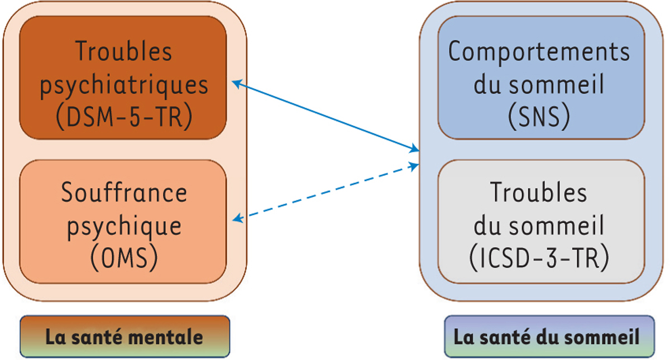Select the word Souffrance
click(124, 194)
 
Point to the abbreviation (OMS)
click(124, 258)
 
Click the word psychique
click(124, 226)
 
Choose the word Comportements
click(539, 52)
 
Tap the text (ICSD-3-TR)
click(539, 258)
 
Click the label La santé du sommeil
click(546, 338)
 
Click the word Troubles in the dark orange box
click(124, 52)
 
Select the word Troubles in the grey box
click(539, 194)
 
